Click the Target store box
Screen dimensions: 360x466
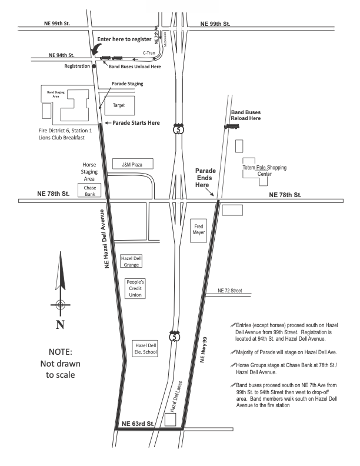pos(119,105)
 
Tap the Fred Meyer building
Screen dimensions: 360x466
pos(198,230)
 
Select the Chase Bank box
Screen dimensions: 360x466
pos(89,191)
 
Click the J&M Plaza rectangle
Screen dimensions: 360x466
pos(133,164)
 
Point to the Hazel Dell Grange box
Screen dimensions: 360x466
pos(131,261)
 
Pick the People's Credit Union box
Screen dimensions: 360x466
pos(135,288)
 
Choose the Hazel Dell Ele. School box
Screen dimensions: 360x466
pos(145,348)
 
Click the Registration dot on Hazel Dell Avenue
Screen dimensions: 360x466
pos(94,66)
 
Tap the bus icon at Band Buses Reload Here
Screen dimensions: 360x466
pos(232,127)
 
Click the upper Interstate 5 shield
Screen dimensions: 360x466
pos(178,129)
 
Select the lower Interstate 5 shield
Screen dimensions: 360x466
pos(174,336)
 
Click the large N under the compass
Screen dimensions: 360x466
pos(60,325)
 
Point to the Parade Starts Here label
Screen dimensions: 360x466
pos(136,123)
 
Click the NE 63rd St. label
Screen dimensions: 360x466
pos(138,424)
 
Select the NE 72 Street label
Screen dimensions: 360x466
pos(230,291)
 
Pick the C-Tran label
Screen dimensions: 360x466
pos(149,53)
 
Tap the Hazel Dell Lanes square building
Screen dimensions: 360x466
pos(170,420)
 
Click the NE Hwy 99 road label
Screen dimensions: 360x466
pos(204,350)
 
